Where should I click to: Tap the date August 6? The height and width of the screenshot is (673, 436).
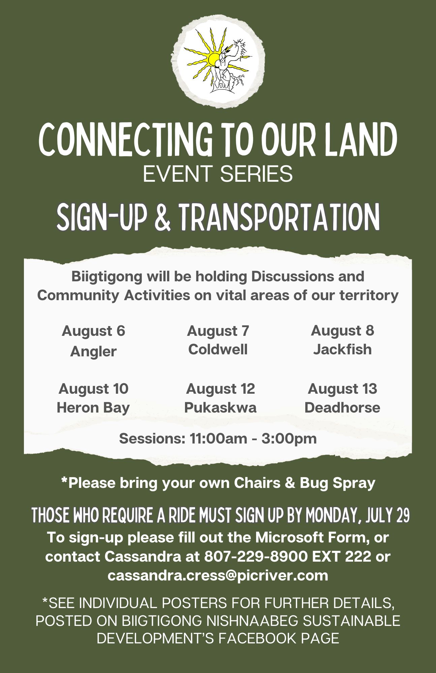[x=93, y=331]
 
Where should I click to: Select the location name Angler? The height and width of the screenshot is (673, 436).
[x=93, y=352]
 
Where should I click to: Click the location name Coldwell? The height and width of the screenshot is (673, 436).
[x=218, y=349]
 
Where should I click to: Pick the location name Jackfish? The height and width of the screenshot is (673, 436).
[x=342, y=349]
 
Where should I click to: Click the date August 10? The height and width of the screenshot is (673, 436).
[x=93, y=389]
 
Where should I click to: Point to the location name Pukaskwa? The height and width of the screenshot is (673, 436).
[x=220, y=408]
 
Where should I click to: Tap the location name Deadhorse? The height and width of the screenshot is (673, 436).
[x=342, y=408]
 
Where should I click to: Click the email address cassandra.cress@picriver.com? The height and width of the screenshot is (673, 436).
[x=218, y=575]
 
